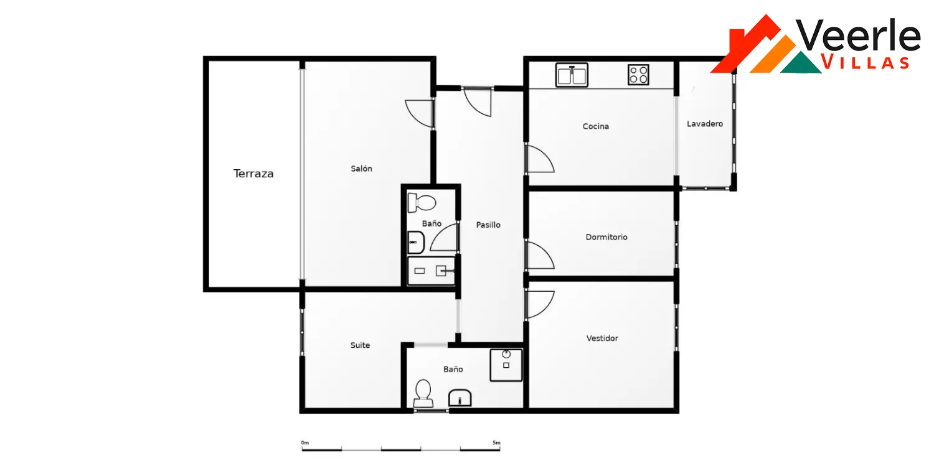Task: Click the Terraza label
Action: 253,174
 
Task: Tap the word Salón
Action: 361,169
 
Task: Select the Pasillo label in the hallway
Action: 488,225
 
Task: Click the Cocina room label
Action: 595,126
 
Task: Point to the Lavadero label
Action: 705,123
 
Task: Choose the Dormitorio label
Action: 606,237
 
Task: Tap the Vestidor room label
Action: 602,338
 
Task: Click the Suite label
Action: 360,345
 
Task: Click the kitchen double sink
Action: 572,75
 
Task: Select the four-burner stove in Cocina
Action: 638,75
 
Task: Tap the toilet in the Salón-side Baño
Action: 422,203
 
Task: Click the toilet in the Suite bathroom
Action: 423,393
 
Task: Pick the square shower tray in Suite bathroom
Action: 506,365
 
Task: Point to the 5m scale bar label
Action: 496,442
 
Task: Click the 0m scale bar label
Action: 305,442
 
